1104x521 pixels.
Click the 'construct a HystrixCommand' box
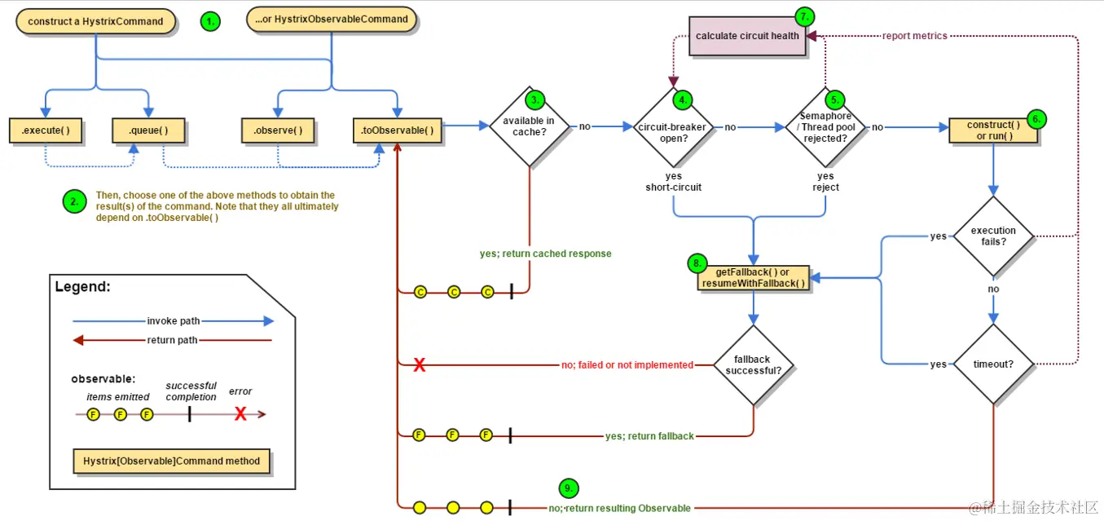(x=95, y=22)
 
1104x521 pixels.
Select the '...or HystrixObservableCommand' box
(x=332, y=20)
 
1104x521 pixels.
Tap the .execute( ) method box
(x=46, y=130)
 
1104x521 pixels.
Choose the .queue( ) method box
(x=147, y=130)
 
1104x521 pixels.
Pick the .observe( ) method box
(x=278, y=130)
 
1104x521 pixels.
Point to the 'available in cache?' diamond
(x=529, y=126)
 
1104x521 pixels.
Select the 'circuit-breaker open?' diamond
(x=673, y=127)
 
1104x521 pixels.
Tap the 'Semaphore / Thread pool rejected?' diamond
(x=825, y=127)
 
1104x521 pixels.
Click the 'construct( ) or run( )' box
(x=993, y=130)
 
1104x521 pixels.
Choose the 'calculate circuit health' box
(x=747, y=37)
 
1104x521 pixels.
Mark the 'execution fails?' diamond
(x=993, y=236)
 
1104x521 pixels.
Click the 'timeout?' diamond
(x=993, y=364)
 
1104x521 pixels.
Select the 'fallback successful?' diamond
(x=753, y=364)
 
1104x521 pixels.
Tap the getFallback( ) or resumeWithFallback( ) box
(x=754, y=277)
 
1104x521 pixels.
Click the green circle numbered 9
(x=569, y=488)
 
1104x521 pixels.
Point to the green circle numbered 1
(x=211, y=22)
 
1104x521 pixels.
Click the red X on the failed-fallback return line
(x=420, y=365)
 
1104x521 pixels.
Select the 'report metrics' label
(x=914, y=36)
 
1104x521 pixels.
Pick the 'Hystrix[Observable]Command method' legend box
(x=171, y=461)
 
